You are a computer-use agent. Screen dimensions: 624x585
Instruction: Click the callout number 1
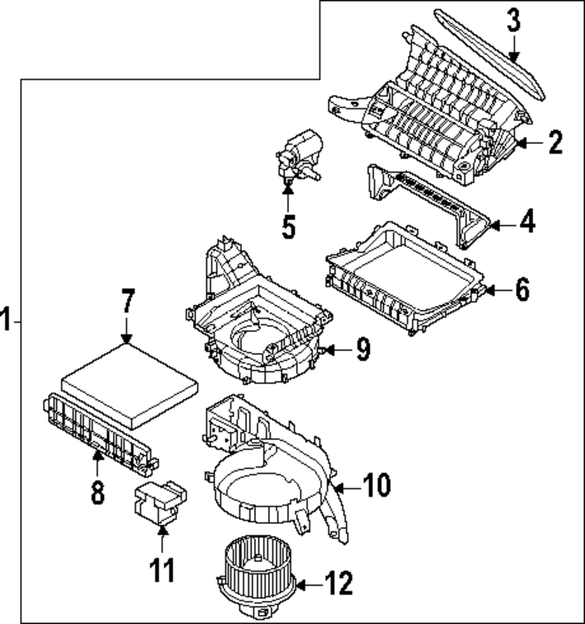tap(6, 321)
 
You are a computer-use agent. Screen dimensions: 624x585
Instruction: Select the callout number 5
tap(288, 226)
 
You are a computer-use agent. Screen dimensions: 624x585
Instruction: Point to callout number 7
tap(128, 302)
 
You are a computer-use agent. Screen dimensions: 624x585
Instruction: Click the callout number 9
tap(363, 350)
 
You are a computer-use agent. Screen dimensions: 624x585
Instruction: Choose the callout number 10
tap(376, 485)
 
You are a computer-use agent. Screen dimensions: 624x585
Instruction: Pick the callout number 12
tap(339, 583)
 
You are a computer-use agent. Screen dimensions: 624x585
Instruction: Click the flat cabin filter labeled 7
tap(130, 383)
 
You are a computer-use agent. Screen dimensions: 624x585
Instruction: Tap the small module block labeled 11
tap(159, 501)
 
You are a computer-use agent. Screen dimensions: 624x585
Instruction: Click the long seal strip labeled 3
tap(491, 56)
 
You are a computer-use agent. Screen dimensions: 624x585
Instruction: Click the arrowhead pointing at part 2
tap(520, 142)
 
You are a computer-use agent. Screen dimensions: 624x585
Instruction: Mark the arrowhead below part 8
tap(97, 456)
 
